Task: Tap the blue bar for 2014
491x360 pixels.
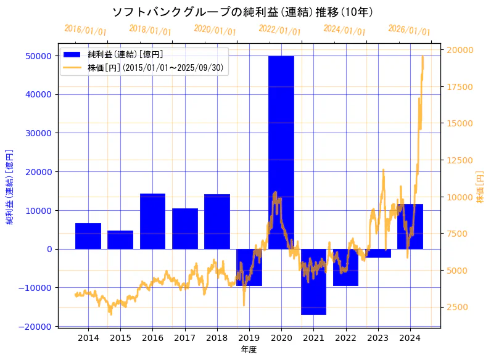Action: click(x=88, y=236)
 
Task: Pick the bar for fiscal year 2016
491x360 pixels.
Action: click(x=152, y=221)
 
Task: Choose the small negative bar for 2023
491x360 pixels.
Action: click(x=378, y=253)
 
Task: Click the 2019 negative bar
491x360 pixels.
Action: click(x=249, y=268)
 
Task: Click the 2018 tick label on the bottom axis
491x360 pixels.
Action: click(x=217, y=338)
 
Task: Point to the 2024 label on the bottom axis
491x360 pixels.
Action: click(x=410, y=338)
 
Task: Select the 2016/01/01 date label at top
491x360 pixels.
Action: click(x=85, y=30)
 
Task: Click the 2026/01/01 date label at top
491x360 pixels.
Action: click(x=409, y=30)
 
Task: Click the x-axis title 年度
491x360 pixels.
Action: click(x=249, y=350)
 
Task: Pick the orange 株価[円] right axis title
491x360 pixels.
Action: click(x=480, y=187)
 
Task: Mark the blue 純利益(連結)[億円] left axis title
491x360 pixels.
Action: click(x=10, y=187)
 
